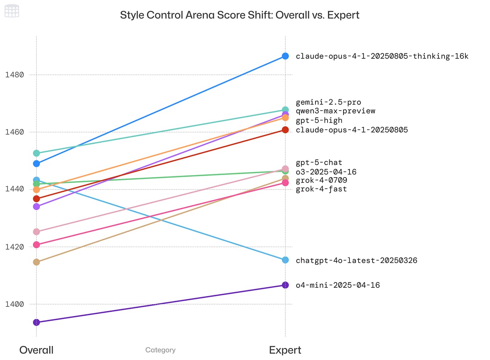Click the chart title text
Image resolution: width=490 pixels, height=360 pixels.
click(x=240, y=15)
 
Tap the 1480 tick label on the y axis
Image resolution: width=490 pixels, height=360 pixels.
click(x=15, y=75)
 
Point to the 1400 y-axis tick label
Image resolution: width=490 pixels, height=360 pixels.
click(x=15, y=304)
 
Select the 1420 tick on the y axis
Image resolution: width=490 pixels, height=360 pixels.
click(x=15, y=247)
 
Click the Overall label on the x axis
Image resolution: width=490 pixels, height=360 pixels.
click(x=36, y=350)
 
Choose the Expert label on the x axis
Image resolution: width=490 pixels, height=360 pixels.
click(x=285, y=350)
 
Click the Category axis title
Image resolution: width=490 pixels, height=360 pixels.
click(x=160, y=350)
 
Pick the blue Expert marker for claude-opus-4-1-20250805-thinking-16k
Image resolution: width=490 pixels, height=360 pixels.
click(x=285, y=56)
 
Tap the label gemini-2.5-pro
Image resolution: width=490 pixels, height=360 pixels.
click(x=328, y=102)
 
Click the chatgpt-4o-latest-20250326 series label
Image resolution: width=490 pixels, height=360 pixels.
click(x=356, y=260)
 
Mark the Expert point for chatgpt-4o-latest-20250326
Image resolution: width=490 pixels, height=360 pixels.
click(x=285, y=260)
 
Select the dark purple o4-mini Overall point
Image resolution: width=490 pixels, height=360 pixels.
click(x=37, y=322)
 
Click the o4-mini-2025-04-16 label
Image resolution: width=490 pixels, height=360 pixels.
click(x=337, y=285)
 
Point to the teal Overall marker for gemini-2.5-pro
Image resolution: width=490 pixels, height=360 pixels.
click(x=37, y=153)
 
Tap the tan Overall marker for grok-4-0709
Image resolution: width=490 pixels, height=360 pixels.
click(x=37, y=262)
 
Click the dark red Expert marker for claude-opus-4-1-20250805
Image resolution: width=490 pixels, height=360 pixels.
click(x=285, y=130)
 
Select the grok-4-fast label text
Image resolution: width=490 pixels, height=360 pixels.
click(x=321, y=189)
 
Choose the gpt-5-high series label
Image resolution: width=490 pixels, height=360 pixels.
click(x=319, y=121)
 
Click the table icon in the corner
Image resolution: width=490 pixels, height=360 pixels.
click(x=12, y=11)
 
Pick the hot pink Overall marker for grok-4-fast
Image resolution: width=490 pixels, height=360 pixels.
click(x=37, y=245)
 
